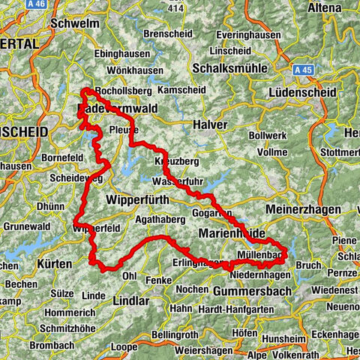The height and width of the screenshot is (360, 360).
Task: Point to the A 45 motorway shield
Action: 302,69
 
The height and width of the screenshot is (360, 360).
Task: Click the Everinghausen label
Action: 241,34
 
